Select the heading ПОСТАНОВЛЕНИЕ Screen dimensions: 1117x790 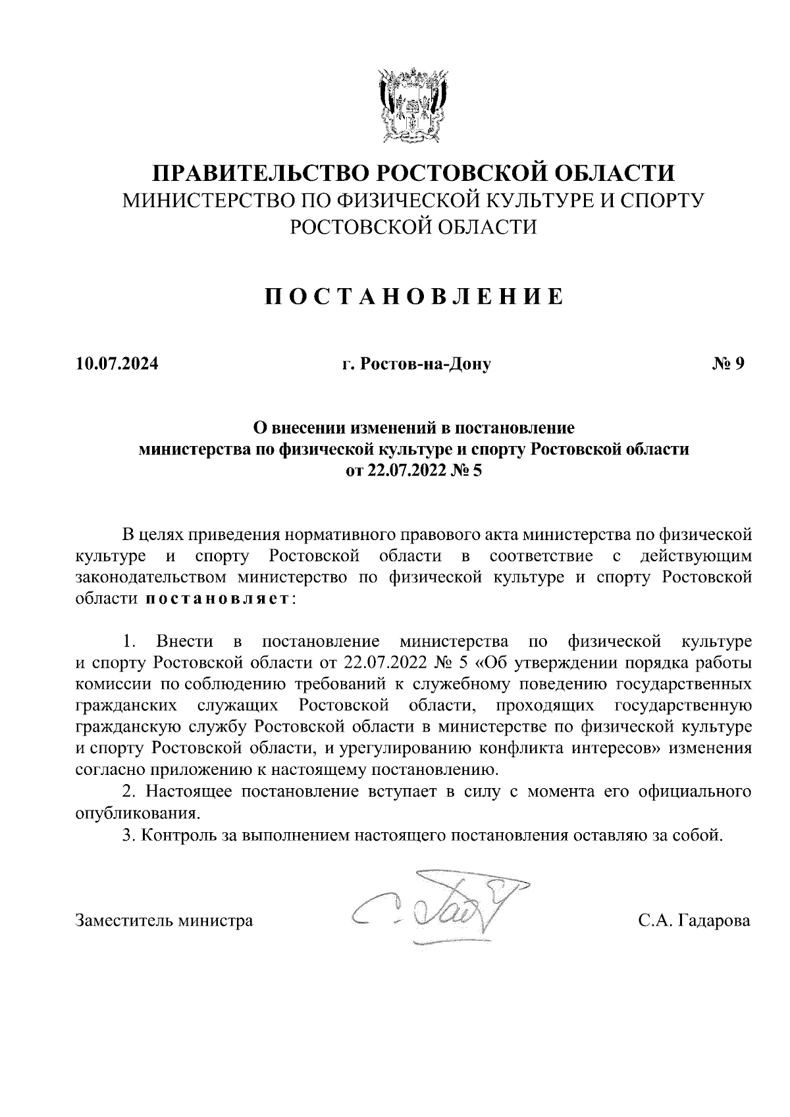point(413,297)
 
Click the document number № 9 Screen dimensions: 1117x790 point(727,363)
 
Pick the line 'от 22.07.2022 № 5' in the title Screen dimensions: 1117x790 point(414,471)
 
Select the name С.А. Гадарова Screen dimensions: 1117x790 point(694,920)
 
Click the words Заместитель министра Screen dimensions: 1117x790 point(165,920)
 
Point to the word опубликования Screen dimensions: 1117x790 point(138,813)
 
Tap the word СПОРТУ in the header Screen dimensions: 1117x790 point(658,200)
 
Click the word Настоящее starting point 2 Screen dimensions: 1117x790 point(188,791)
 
